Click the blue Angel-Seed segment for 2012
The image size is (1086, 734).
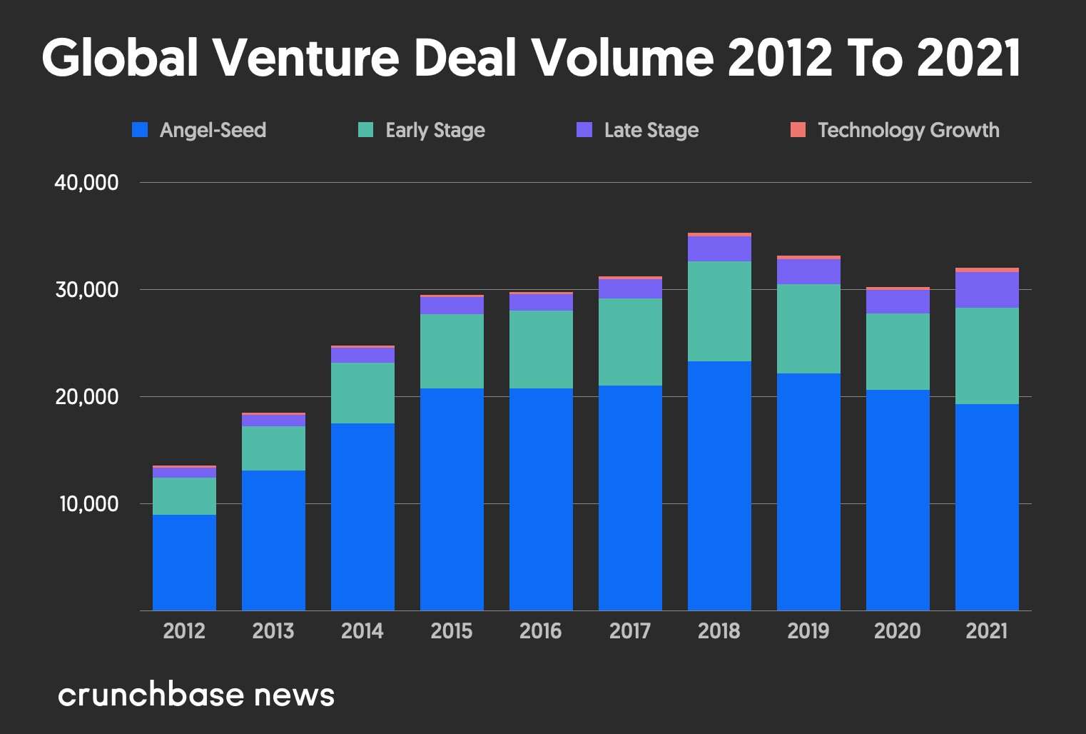pos(184,563)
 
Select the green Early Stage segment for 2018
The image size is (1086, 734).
pos(719,311)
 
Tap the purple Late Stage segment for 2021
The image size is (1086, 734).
pos(987,290)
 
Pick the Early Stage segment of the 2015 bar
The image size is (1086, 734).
pos(452,351)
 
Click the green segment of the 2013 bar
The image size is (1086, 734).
pos(273,448)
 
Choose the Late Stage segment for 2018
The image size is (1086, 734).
pos(719,248)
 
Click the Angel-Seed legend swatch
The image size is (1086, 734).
pos(140,130)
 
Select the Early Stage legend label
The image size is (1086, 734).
pos(435,130)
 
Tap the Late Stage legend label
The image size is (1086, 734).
pos(651,130)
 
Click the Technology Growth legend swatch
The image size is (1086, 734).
pos(798,130)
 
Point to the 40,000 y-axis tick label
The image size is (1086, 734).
pos(86,183)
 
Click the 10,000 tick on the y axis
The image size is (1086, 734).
pos(88,504)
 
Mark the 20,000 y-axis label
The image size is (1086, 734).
pos(86,397)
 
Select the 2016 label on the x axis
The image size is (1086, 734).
pos(541,631)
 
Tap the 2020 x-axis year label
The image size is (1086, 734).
pos(898,631)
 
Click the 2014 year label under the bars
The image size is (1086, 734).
pos(362,631)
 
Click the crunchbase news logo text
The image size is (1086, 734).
pos(196,695)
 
